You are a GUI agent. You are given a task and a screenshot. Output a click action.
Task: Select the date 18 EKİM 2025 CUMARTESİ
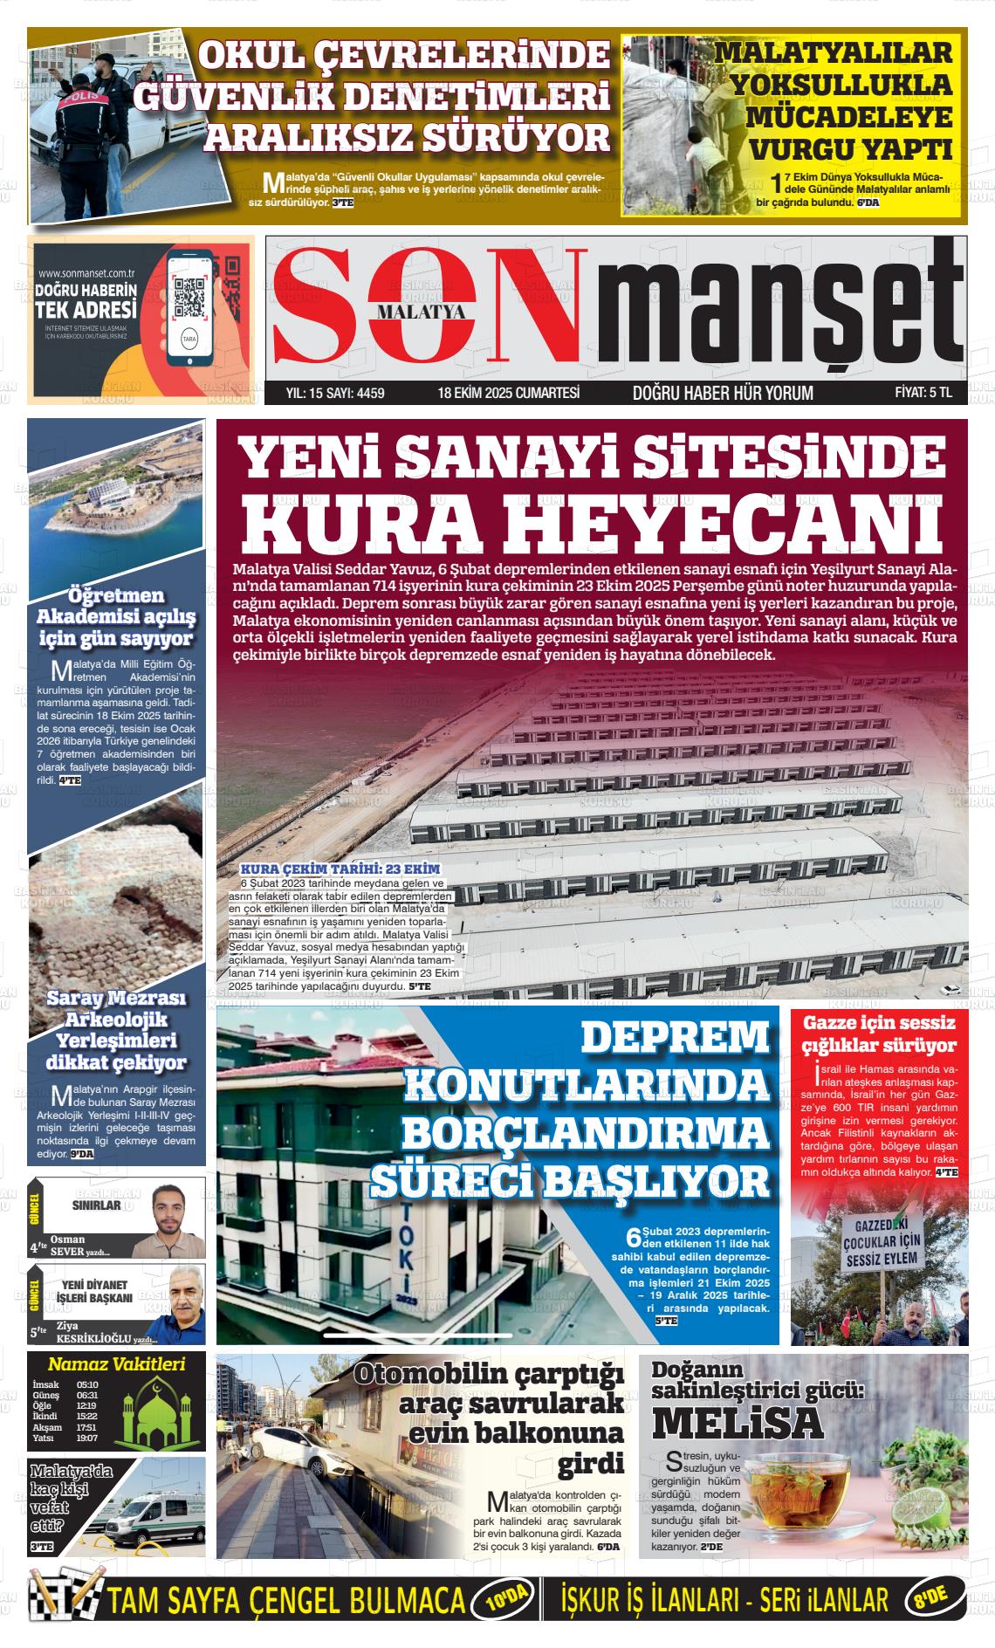[509, 393]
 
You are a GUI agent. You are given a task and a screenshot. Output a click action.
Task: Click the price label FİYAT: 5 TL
[923, 393]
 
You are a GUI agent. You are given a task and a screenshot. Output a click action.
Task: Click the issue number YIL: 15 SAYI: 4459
[335, 393]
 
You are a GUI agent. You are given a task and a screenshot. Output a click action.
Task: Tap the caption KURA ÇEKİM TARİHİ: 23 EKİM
[340, 869]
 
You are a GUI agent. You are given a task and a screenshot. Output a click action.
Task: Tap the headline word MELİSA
[738, 1423]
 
